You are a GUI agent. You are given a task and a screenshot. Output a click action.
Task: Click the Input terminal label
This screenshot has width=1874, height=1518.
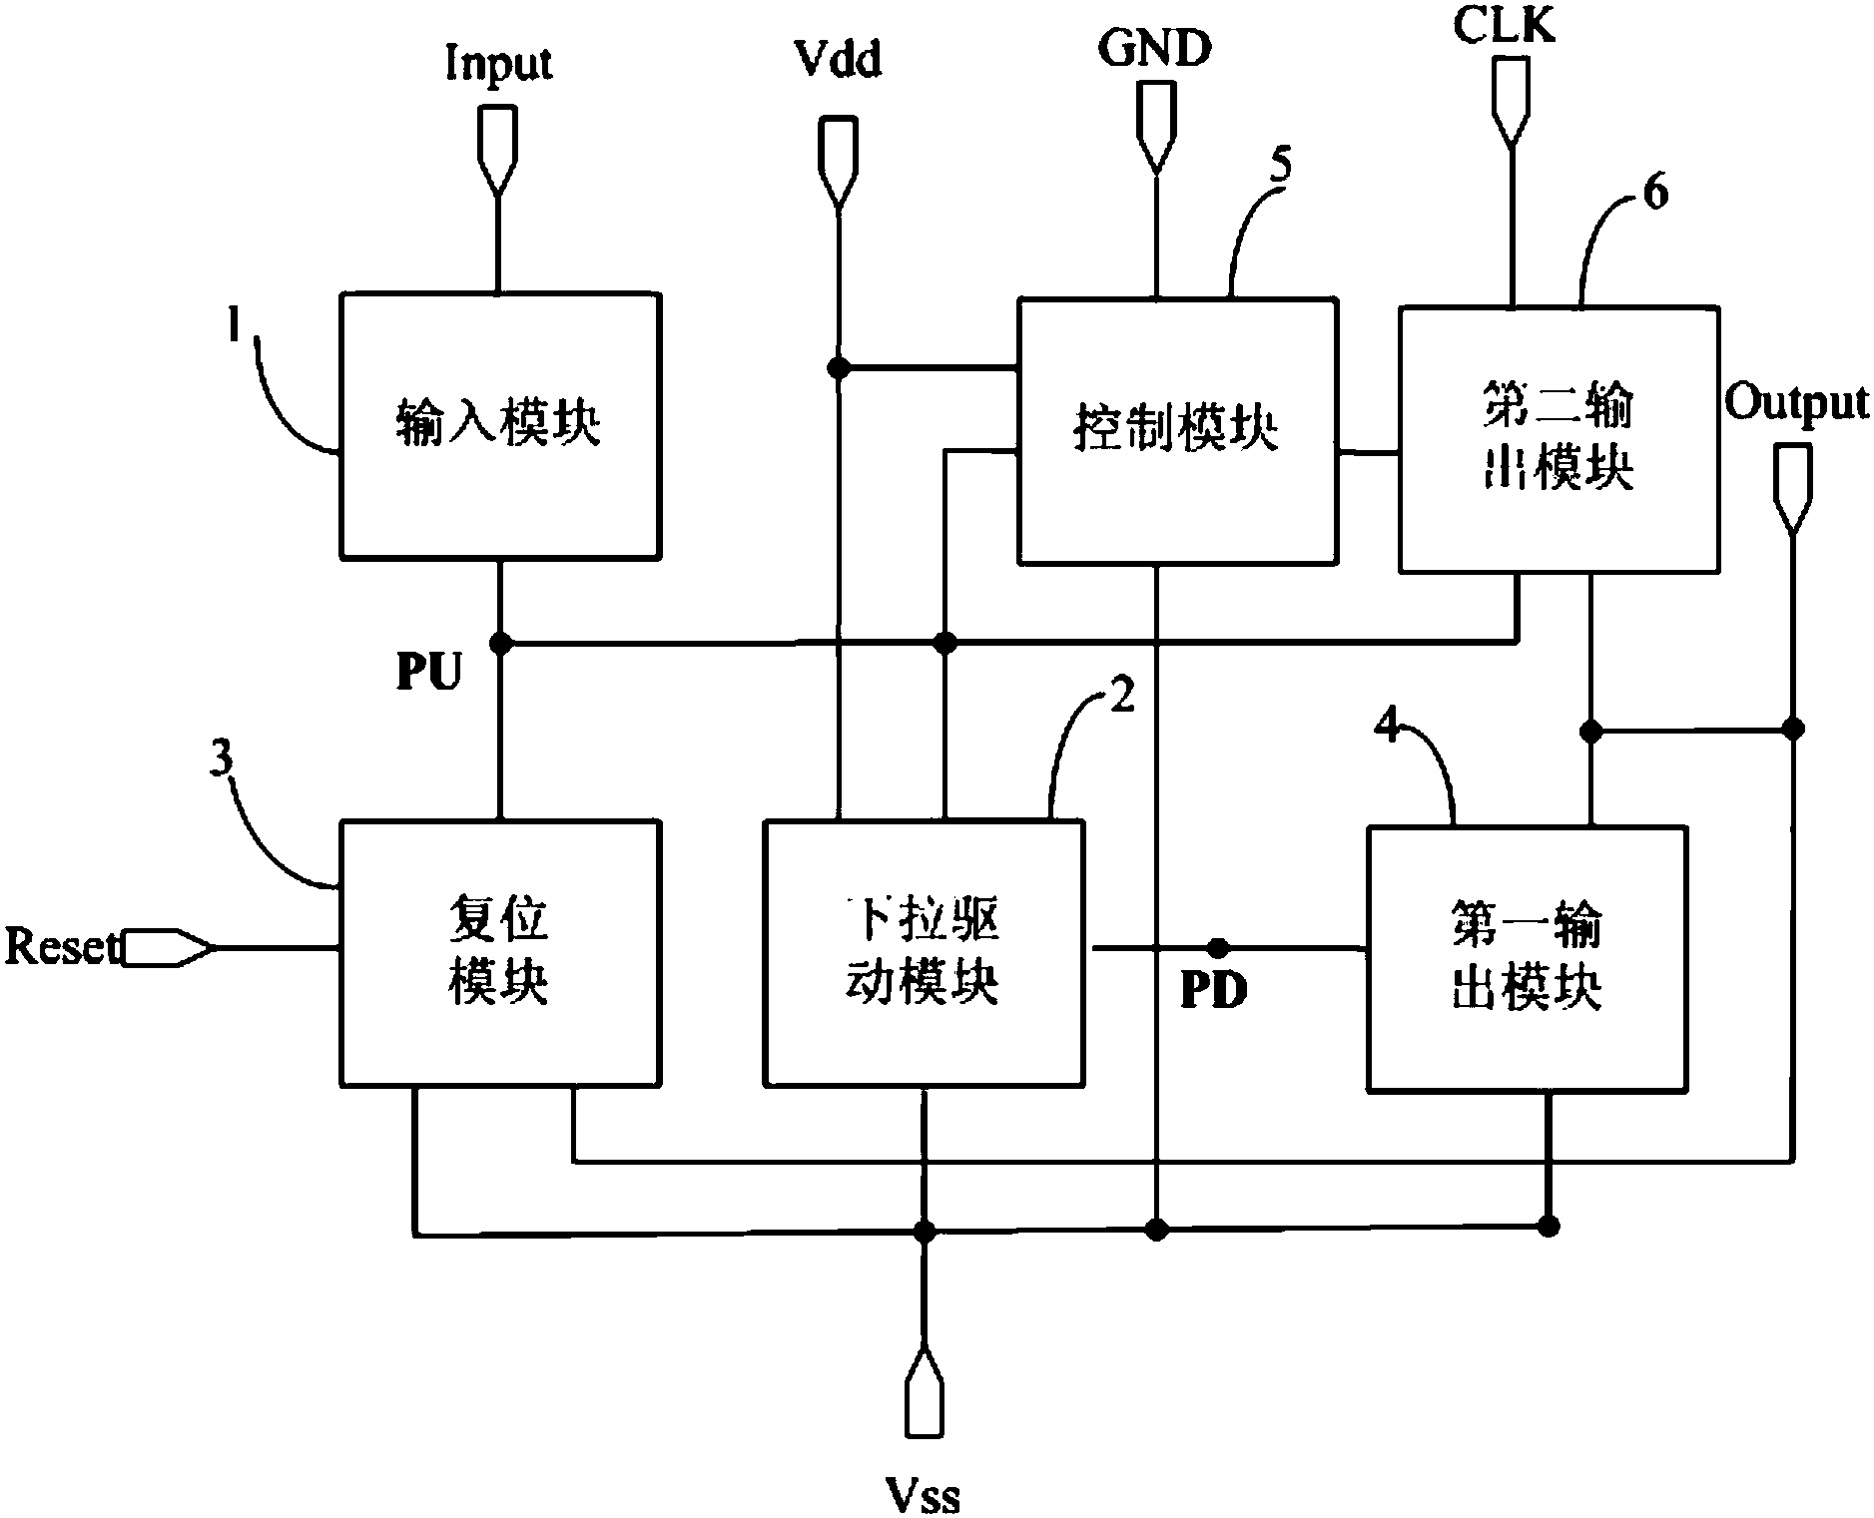tap(498, 64)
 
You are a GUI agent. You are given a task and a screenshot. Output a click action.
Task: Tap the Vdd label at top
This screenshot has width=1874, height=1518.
tap(838, 60)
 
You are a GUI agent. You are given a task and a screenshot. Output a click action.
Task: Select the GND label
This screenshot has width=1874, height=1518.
tap(1155, 47)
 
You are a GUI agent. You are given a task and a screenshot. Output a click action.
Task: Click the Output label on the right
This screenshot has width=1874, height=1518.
tap(1796, 404)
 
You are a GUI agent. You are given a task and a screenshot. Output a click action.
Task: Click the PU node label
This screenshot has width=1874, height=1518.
tap(429, 673)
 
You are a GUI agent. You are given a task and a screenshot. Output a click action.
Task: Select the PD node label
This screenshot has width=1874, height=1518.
tap(1214, 990)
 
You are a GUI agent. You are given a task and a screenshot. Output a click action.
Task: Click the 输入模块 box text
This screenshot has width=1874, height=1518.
tap(499, 423)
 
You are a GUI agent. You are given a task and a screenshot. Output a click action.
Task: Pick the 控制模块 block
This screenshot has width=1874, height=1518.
tap(1176, 429)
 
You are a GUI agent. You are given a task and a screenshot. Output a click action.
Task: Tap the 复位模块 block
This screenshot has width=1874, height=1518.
tap(499, 952)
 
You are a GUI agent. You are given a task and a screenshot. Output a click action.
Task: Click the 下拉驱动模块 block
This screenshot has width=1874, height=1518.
tap(923, 952)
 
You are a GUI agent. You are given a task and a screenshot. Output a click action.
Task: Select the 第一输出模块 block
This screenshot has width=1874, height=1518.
tap(1526, 957)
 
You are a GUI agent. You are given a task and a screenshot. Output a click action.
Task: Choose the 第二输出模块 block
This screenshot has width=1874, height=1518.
tap(1558, 438)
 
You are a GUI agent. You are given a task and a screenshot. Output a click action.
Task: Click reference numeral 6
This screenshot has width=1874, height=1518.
tap(1655, 192)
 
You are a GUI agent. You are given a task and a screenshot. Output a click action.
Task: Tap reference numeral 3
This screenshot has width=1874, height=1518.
tap(221, 759)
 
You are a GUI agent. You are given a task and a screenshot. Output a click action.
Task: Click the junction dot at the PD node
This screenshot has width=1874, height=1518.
tap(1217, 946)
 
